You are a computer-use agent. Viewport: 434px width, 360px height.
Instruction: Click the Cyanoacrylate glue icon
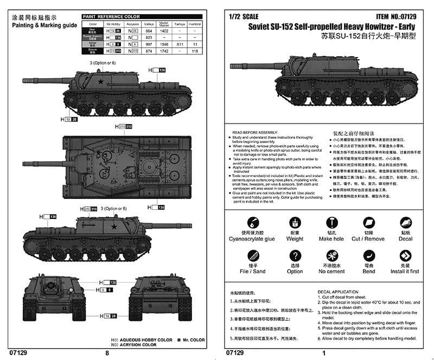[252, 223]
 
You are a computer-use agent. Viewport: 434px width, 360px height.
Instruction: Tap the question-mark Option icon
[295, 256]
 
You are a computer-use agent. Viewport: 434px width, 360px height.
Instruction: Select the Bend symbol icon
[369, 256]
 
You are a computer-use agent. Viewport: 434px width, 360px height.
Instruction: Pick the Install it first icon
[405, 256]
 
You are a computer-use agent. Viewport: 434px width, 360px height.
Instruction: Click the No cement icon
[331, 256]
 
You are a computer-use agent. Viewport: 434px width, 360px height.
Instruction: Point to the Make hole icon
[331, 223]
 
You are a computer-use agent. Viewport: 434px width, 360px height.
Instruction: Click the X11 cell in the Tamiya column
[180, 43]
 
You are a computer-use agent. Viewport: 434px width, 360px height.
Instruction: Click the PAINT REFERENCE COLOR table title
[111, 17]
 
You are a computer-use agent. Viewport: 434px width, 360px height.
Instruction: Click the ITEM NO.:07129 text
[394, 17]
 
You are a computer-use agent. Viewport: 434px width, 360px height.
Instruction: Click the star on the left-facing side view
[101, 82]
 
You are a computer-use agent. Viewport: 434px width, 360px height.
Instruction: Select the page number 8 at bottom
[107, 353]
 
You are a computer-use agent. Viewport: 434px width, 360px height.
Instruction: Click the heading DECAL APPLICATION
[337, 292]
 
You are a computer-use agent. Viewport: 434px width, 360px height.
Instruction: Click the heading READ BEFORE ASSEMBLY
[255, 132]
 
